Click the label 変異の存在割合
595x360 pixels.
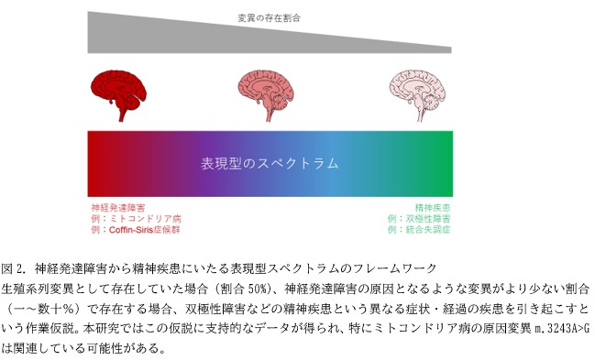click(270, 17)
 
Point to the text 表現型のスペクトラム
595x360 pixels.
click(270, 163)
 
